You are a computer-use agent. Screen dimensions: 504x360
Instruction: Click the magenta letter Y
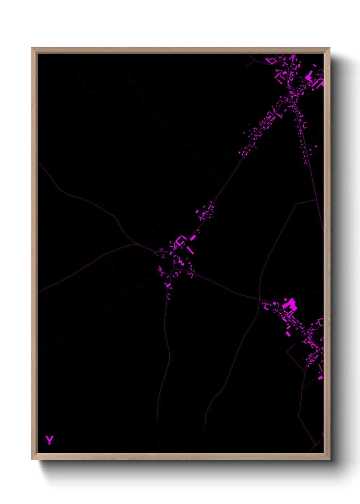pyautogui.click(x=49, y=440)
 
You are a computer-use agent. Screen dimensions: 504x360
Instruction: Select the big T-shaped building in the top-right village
pyautogui.click(x=309, y=76)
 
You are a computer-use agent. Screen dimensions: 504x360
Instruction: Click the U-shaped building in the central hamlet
pyautogui.click(x=180, y=240)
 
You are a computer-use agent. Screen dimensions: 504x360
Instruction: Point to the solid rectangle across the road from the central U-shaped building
pyautogui.click(x=193, y=238)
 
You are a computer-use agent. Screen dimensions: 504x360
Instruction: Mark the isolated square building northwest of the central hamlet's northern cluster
pyautogui.click(x=197, y=211)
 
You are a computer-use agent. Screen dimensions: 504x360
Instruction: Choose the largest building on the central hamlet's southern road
pyautogui.click(x=168, y=285)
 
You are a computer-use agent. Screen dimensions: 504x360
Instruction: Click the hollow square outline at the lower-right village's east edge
pyautogui.click(x=320, y=322)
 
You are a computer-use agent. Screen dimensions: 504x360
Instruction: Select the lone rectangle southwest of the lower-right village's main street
pyautogui.click(x=288, y=334)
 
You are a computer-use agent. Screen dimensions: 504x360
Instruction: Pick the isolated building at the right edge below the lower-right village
pyautogui.click(x=320, y=377)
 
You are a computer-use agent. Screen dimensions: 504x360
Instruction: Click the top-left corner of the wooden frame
pyautogui.click(x=32, y=48)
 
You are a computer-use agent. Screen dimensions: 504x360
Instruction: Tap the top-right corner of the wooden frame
pyautogui.click(x=329, y=48)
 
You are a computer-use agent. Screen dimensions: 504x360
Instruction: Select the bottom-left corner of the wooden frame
pyautogui.click(x=32, y=459)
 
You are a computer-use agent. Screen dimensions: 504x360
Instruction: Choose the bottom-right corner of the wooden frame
pyautogui.click(x=329, y=459)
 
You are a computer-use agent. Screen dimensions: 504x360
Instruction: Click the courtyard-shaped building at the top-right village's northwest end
pyautogui.click(x=272, y=61)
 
